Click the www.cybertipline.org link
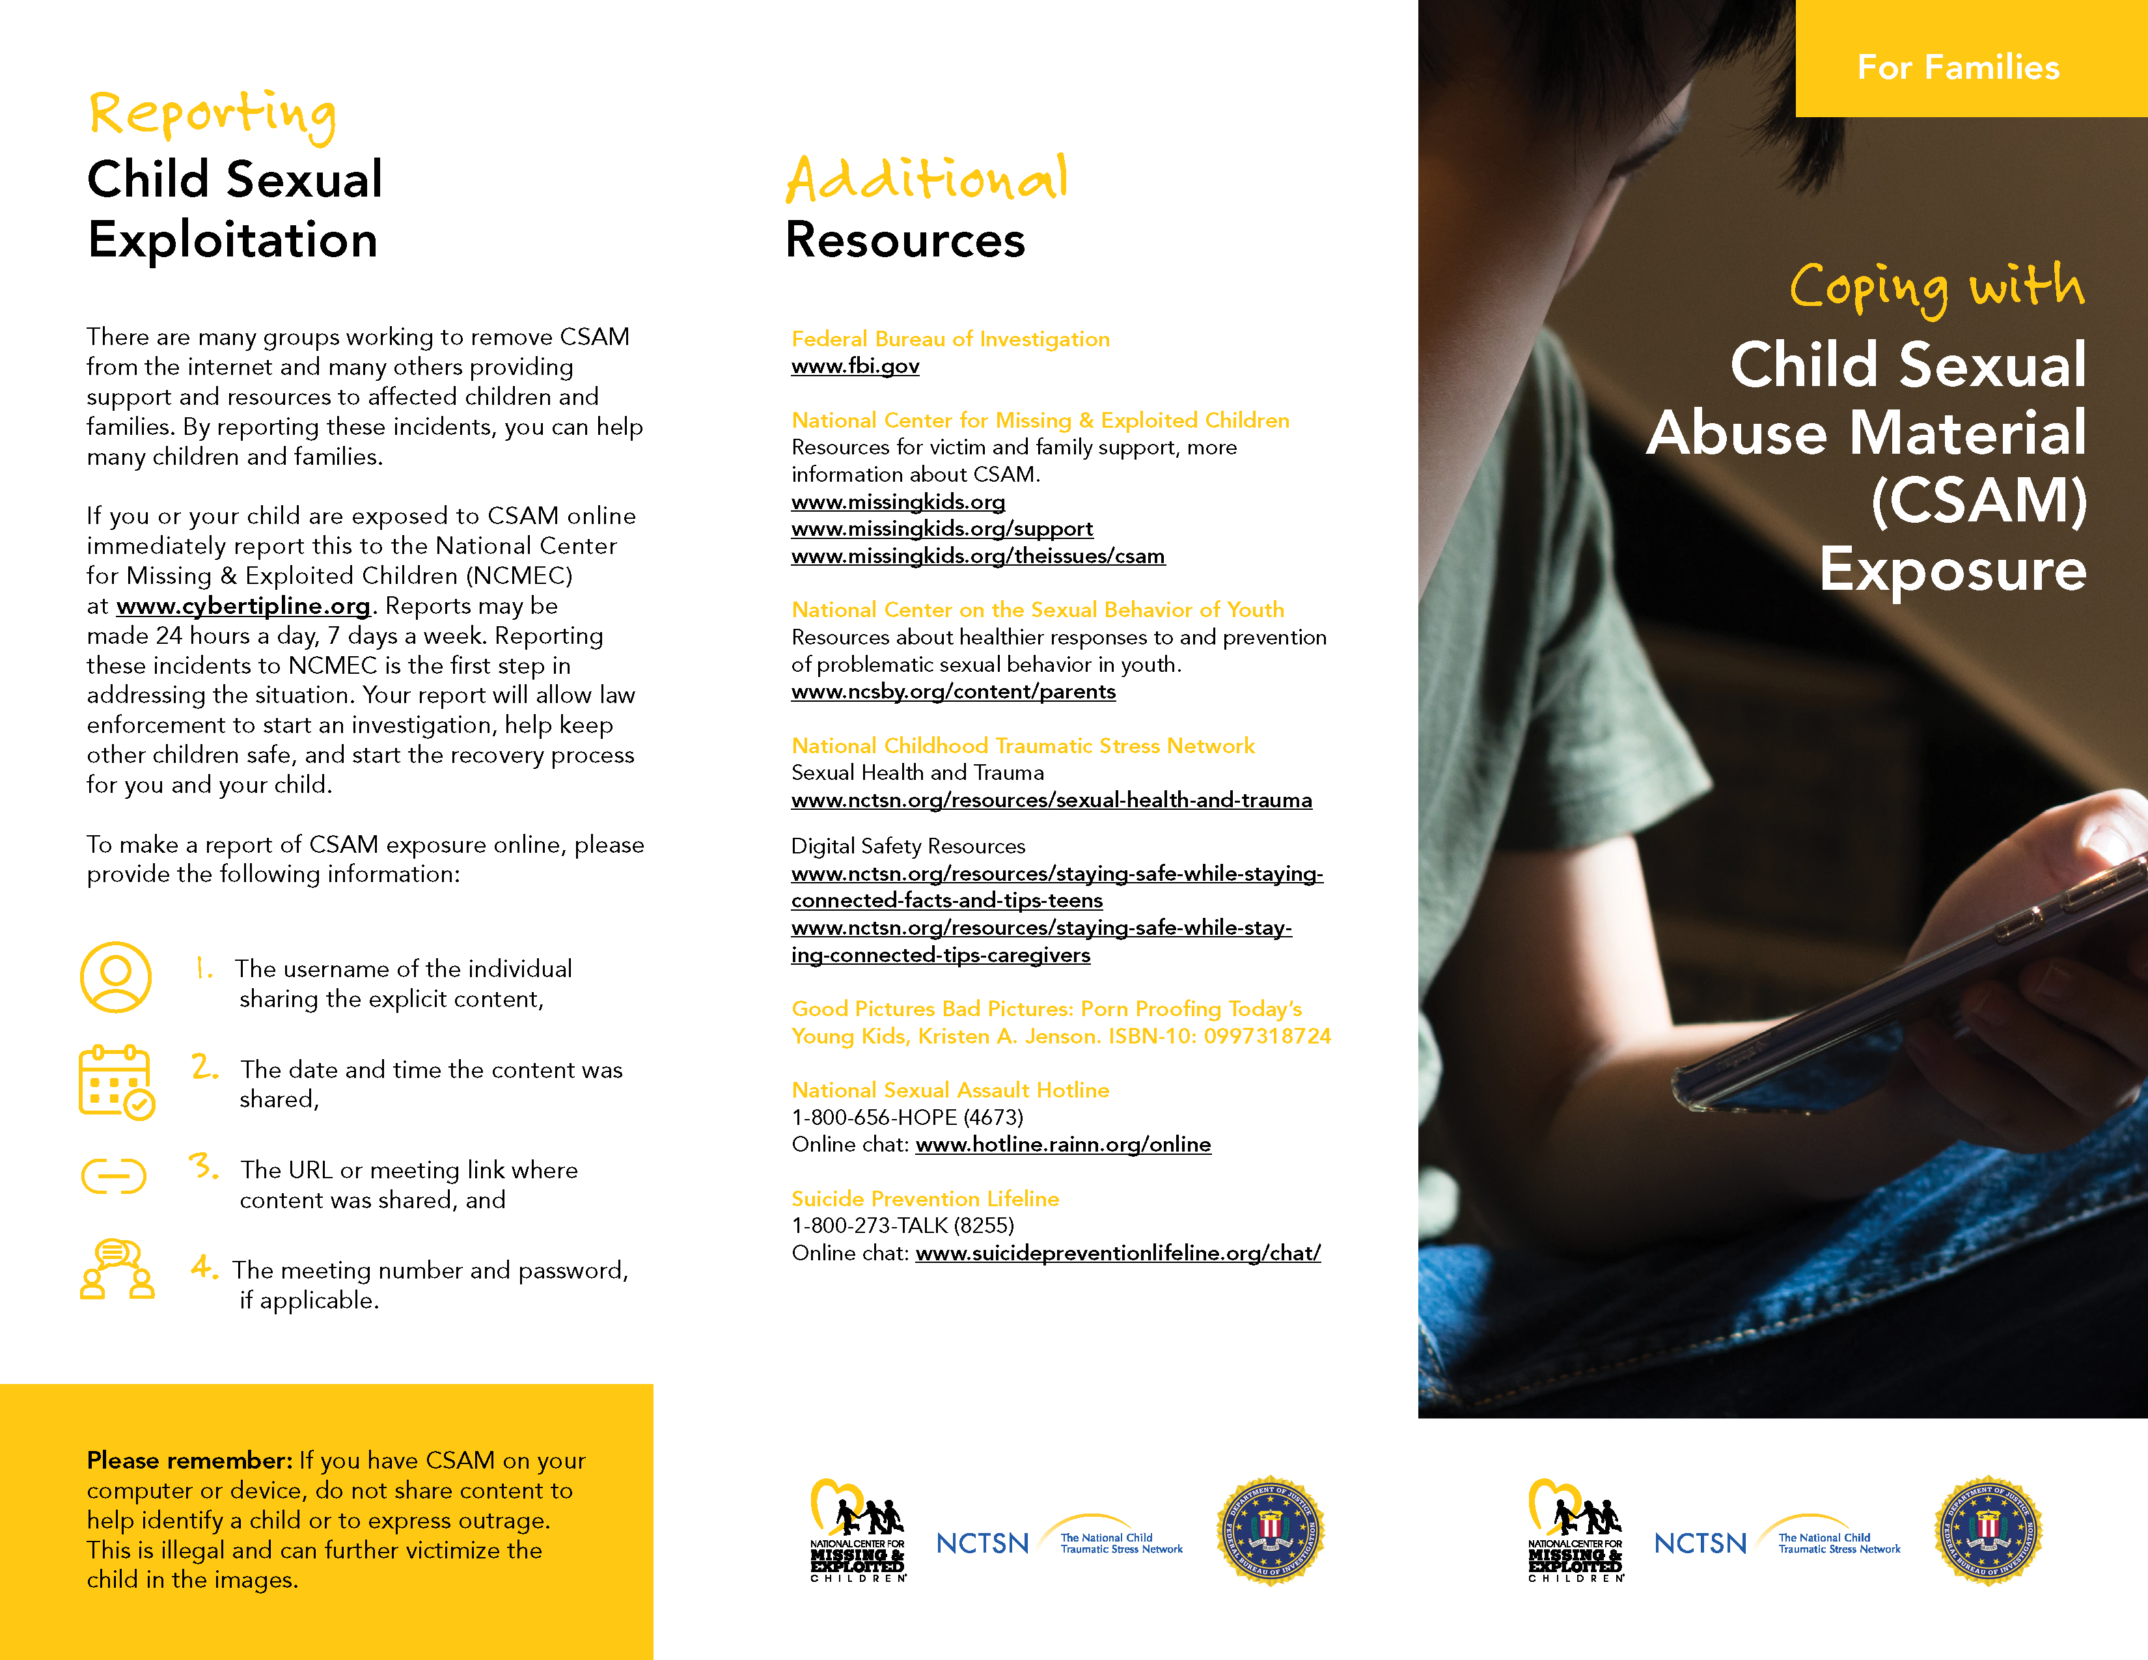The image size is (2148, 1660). pyautogui.click(x=243, y=606)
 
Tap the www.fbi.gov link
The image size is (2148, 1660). pyautogui.click(x=855, y=367)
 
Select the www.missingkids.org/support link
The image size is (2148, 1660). pyautogui.click(x=941, y=529)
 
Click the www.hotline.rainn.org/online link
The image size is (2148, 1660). pyautogui.click(x=1062, y=1144)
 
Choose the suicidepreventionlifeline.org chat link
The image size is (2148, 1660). pyautogui.click(x=1117, y=1253)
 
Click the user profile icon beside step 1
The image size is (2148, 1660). pyautogui.click(x=116, y=978)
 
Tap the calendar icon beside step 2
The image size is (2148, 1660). pyautogui.click(x=116, y=1082)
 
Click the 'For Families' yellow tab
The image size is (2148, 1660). pyautogui.click(x=1957, y=67)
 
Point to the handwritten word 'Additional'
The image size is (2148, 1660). pyautogui.click(x=926, y=179)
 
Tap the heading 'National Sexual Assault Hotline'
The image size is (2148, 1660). pyautogui.click(x=950, y=1090)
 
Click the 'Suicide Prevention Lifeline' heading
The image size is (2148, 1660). pyautogui.click(x=924, y=1198)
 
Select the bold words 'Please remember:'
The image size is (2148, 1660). pyautogui.click(x=189, y=1460)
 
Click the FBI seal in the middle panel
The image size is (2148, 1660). pyautogui.click(x=1270, y=1531)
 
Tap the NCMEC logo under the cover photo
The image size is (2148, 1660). pyautogui.click(x=1575, y=1531)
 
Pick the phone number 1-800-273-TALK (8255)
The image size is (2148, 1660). pyautogui.click(x=902, y=1225)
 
